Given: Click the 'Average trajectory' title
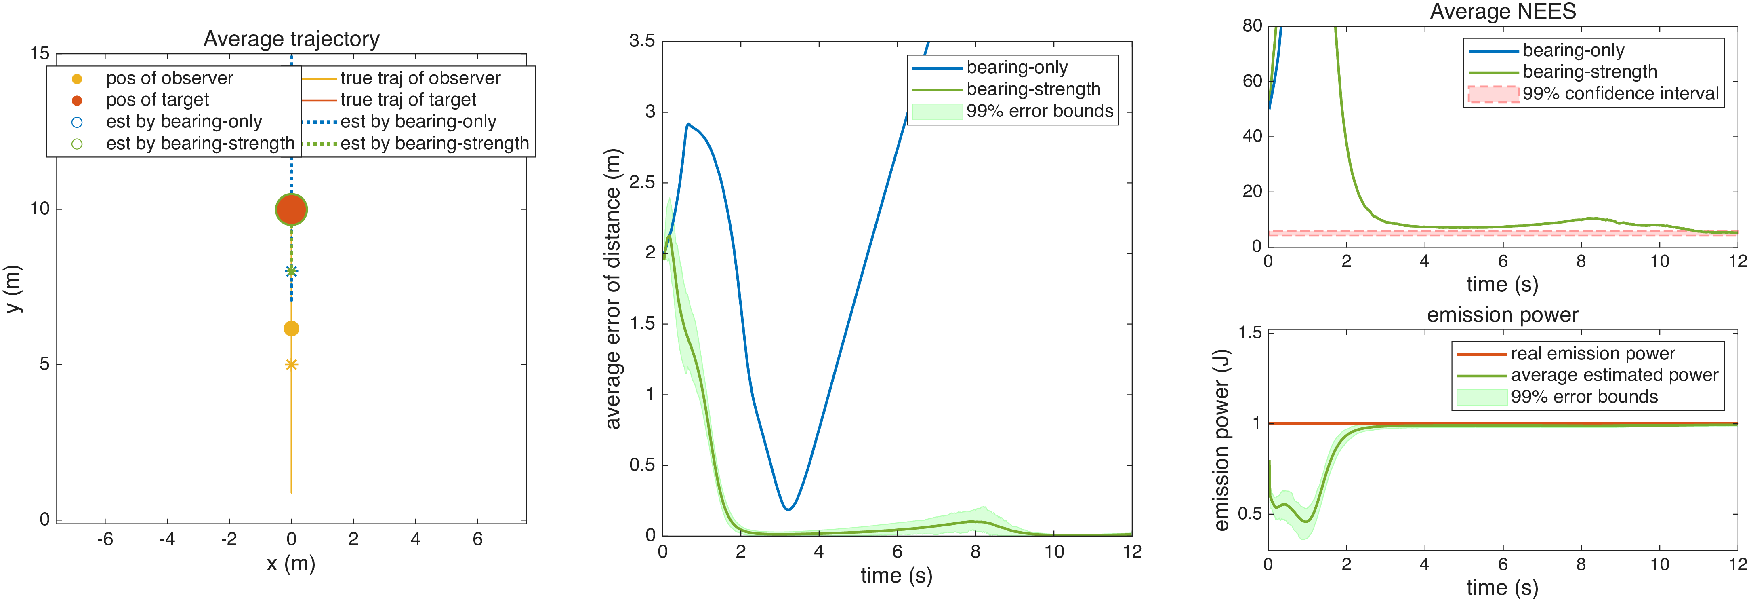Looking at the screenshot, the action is (x=291, y=39).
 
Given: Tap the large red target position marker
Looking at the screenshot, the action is (x=291, y=210).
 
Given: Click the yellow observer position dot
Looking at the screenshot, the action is (x=291, y=329).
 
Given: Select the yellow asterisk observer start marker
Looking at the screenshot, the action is (x=291, y=365).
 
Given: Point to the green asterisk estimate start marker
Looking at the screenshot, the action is (x=291, y=272).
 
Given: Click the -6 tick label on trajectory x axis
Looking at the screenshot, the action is (x=105, y=539).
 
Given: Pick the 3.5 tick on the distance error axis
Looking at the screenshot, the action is (x=641, y=42).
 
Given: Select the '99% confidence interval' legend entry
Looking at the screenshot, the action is (x=1593, y=94).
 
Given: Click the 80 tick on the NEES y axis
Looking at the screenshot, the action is (x=1252, y=26).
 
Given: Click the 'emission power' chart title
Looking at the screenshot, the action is (x=1503, y=315).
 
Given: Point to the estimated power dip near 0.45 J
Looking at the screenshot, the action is (x=1305, y=521).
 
